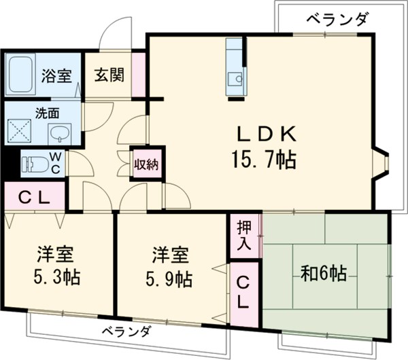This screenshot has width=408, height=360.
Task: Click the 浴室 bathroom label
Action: point(56,76)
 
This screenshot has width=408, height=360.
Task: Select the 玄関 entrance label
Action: point(108,75)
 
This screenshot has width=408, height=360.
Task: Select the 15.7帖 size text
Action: point(262,161)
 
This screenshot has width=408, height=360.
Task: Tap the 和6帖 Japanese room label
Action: point(324,274)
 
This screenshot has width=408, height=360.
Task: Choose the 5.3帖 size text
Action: point(55,278)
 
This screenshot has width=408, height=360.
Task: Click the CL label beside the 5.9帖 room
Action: point(243,292)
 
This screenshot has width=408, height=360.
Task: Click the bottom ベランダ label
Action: point(127,333)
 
